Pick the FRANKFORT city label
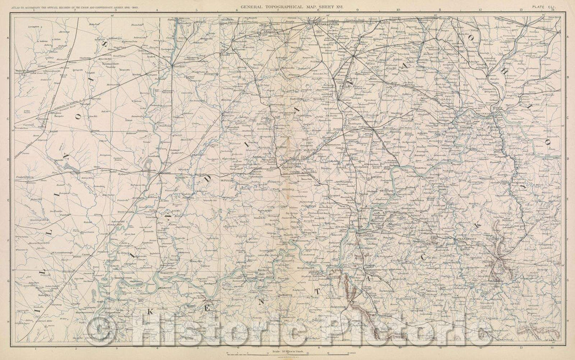coord(467,240)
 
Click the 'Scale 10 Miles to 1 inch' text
coord(287,350)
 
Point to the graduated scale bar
coord(287,355)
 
